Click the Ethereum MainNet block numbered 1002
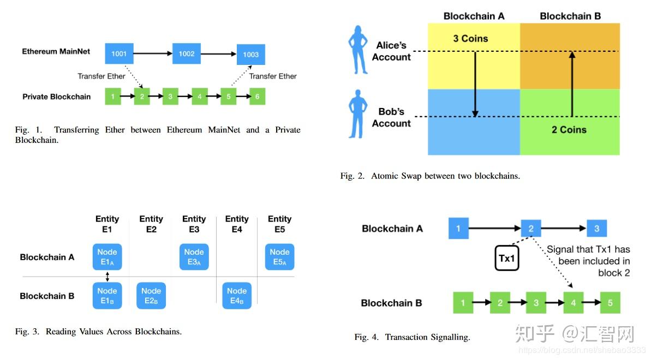pos(187,53)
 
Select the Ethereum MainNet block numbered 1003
pos(251,55)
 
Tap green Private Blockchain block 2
pos(141,97)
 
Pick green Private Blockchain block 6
pos(257,97)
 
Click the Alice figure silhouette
pos(359,50)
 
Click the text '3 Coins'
pos(470,39)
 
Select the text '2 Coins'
pos(569,130)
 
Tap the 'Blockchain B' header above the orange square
pos(570,16)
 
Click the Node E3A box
pos(194,257)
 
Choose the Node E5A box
pos(279,257)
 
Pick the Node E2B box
pos(151,296)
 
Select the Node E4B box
pos(237,296)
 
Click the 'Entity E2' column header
pos(151,224)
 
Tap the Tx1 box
pos(507,258)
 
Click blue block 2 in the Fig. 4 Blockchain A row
pos(530,229)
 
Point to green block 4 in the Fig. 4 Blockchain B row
pos(574,303)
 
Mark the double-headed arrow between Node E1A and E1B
pos(107,276)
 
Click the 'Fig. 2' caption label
pos(352,176)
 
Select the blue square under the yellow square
pos(474,122)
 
